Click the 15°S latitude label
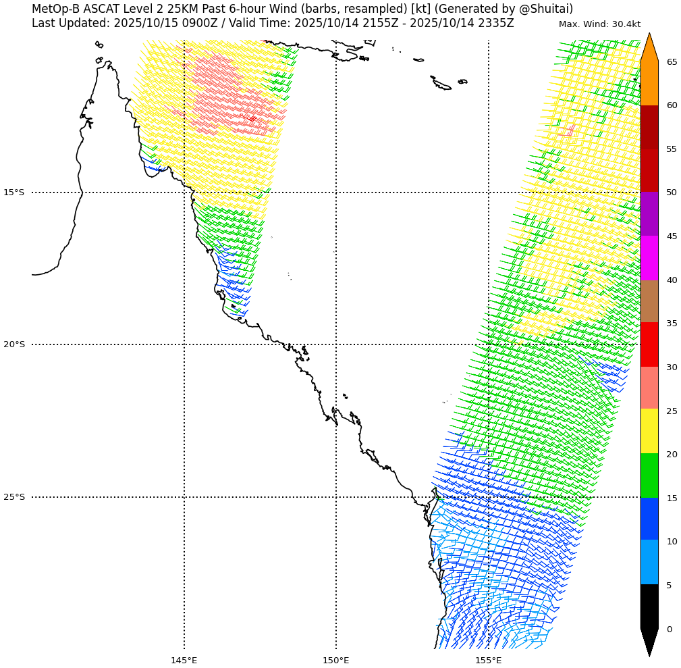point(13,192)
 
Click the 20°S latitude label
point(13,344)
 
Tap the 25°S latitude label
point(13,497)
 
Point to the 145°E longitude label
point(184,660)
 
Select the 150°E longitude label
point(336,660)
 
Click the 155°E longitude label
point(488,660)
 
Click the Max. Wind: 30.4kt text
point(599,24)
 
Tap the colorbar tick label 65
point(672,62)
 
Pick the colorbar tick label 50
point(672,192)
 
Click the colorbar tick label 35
point(672,324)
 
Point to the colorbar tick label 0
point(669,630)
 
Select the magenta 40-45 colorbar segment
point(649,258)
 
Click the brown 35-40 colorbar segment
point(649,301)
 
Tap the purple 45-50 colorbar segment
point(649,214)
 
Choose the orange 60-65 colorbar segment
point(649,83)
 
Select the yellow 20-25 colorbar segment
point(649,431)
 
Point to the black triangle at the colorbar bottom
point(649,642)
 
